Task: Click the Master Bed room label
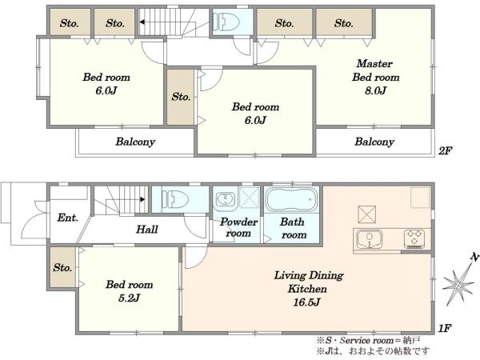376,70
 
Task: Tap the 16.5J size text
306,302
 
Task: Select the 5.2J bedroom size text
129,298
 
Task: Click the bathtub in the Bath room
292,199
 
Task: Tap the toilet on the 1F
174,198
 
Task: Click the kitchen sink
370,239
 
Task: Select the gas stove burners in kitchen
414,238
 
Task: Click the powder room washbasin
226,199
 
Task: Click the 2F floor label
445,150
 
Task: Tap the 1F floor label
445,329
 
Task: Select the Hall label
147,230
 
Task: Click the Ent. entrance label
68,218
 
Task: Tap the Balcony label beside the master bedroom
374,142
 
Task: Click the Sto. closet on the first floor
62,267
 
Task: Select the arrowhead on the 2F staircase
142,22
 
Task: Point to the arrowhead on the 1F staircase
142,199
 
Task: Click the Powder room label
238,227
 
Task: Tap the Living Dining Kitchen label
308,282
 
